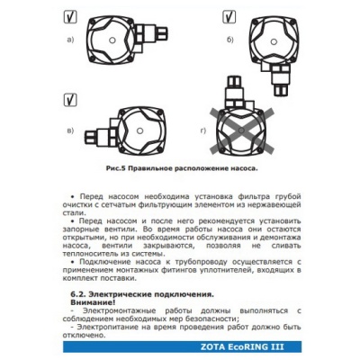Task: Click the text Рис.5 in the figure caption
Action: (116, 168)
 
